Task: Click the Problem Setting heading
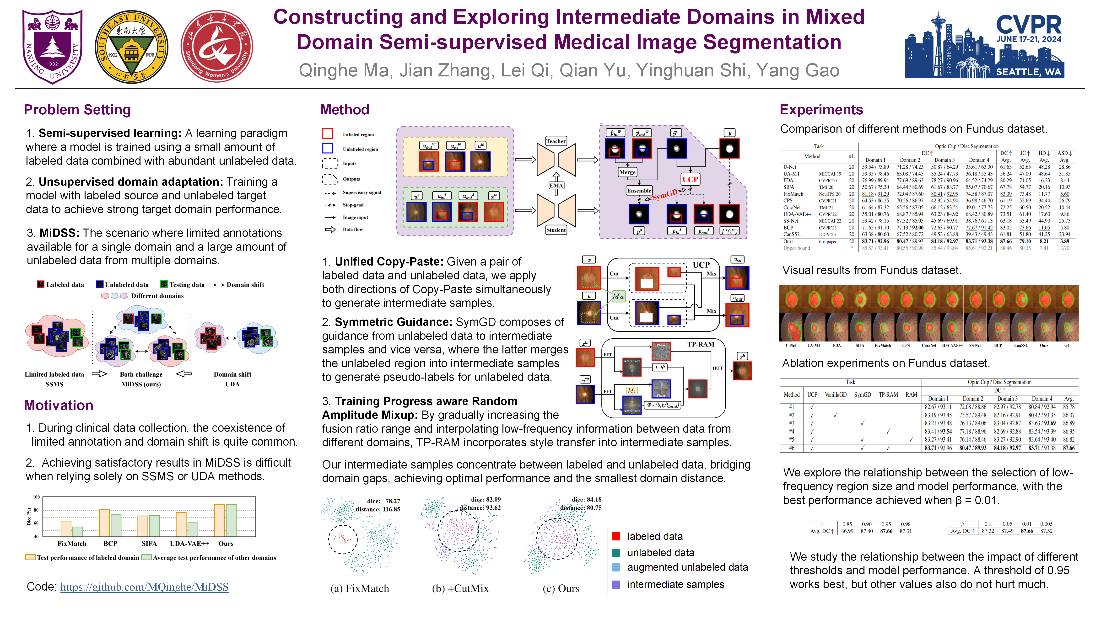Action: tap(77, 110)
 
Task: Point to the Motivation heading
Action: tap(59, 405)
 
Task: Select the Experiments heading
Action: tap(821, 110)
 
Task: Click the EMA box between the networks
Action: tap(556, 185)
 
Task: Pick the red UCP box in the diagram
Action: tap(690, 179)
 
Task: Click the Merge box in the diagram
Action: tap(627, 172)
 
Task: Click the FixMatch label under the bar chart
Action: tap(72, 543)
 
